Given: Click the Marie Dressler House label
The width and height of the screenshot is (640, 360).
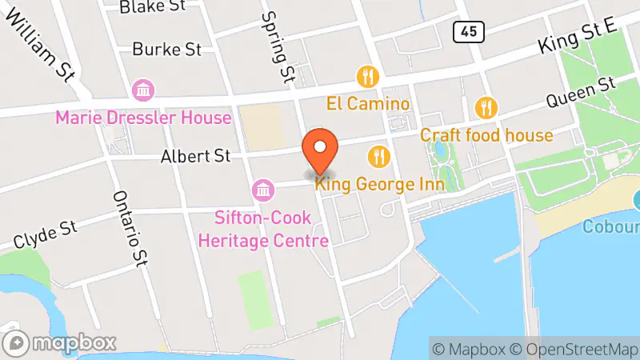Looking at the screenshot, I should tap(143, 118).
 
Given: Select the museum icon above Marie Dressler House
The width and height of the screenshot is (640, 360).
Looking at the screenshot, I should tap(143, 90).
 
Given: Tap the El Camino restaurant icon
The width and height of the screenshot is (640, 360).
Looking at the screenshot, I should tap(367, 77).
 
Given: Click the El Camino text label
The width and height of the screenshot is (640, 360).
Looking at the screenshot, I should tap(367, 104).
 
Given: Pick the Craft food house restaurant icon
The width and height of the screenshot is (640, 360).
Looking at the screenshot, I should tap(486, 107).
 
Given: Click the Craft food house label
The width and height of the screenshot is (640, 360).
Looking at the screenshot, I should tap(486, 134).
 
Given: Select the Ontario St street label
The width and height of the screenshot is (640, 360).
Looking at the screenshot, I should tap(132, 228).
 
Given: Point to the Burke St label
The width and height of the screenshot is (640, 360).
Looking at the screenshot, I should tap(166, 50).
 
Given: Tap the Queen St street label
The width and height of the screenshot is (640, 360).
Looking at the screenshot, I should tap(580, 93).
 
